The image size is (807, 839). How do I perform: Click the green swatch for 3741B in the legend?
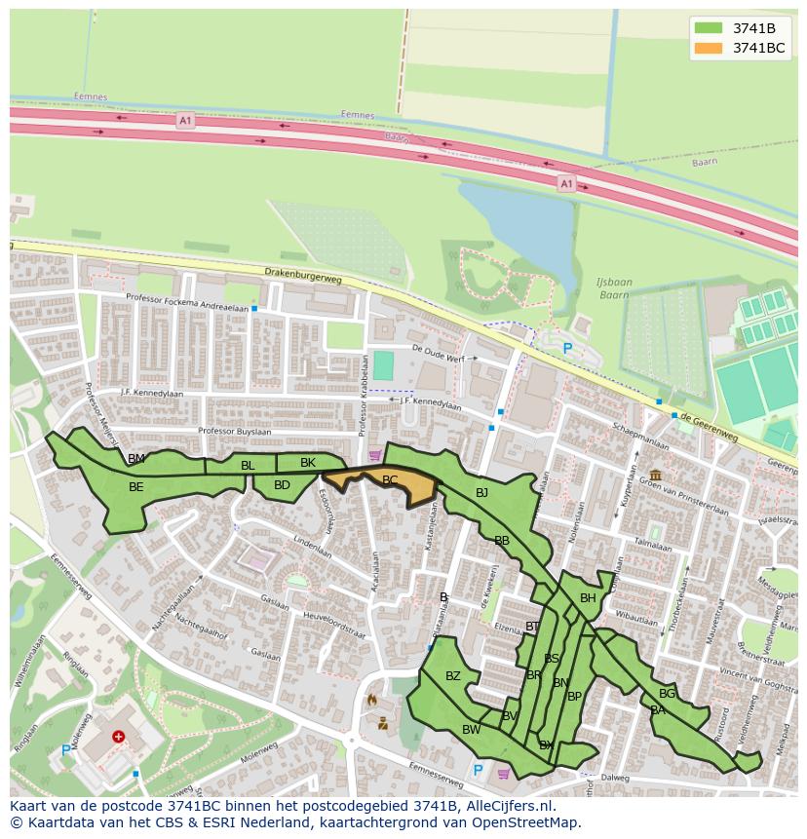pos(709,28)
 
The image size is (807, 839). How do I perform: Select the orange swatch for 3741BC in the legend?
pos(709,48)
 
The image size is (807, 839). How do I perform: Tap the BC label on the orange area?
pos(390,480)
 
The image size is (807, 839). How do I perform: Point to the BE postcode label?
pos(136,487)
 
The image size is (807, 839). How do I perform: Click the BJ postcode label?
pos(481,493)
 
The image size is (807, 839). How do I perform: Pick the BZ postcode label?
pos(453,676)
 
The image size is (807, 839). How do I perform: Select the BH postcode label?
pos(588,598)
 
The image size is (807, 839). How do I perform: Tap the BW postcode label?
pos(472,730)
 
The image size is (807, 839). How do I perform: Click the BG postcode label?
pos(667,694)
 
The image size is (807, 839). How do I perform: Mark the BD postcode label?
pos(282,485)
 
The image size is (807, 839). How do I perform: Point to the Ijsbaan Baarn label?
pos(614,288)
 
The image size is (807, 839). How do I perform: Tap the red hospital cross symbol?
pos(119,738)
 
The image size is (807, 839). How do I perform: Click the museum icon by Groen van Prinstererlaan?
pos(654,475)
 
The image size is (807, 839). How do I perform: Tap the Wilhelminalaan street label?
pos(29,662)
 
